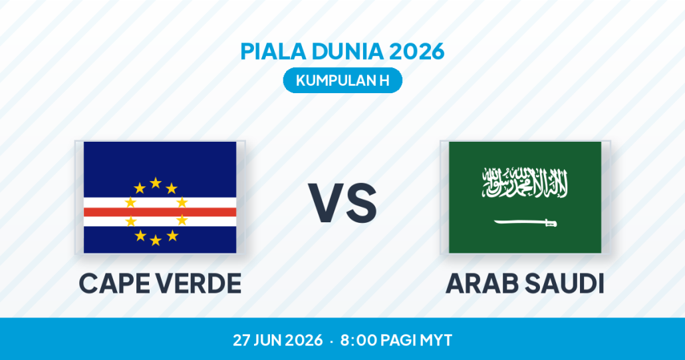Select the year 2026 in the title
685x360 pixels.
tap(416, 51)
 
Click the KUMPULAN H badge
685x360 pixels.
tap(342, 81)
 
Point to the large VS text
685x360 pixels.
tap(342, 204)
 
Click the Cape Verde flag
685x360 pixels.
tap(160, 197)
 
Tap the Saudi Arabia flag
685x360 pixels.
tap(525, 197)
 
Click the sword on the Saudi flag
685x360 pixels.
tap(525, 223)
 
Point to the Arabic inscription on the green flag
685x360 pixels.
tap(525, 182)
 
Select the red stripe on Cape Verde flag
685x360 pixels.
tap(160, 212)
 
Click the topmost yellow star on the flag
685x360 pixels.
tap(156, 182)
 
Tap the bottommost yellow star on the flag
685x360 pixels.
tap(156, 240)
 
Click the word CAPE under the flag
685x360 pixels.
tap(115, 283)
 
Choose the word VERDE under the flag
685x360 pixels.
tap(200, 283)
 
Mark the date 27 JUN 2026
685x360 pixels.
tap(278, 340)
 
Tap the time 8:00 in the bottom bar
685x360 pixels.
tap(358, 340)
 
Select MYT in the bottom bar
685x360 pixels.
tap(436, 340)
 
